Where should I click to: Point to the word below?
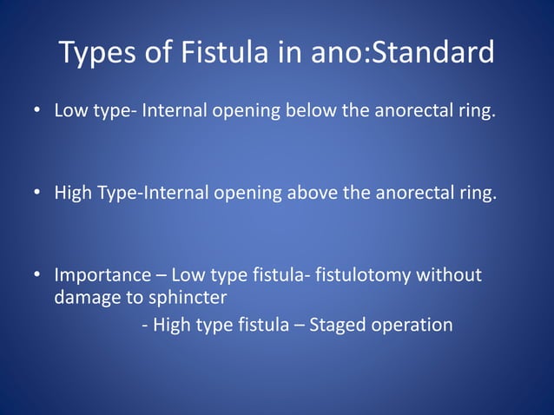tap(308, 112)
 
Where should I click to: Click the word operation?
tap(413, 326)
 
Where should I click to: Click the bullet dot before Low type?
tap(37, 112)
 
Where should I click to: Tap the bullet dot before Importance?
tap(37, 275)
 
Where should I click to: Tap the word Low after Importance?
tap(188, 275)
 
